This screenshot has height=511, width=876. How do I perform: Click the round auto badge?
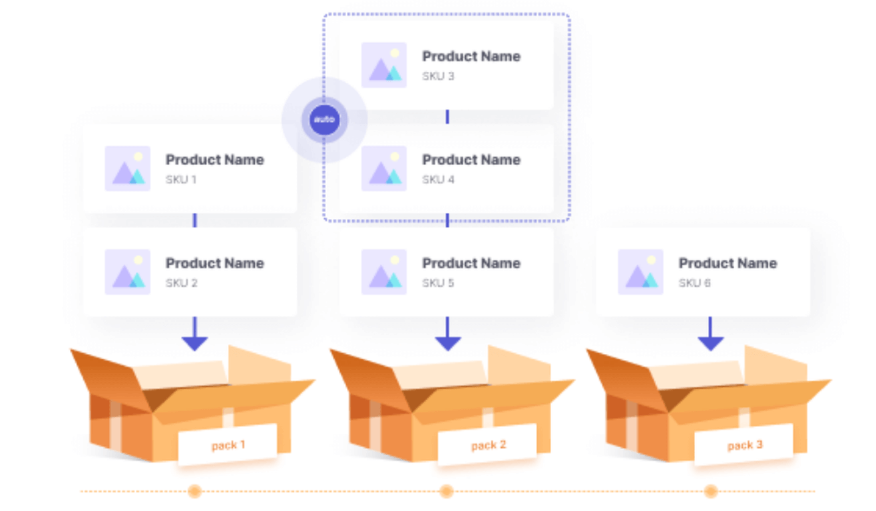pos(324,120)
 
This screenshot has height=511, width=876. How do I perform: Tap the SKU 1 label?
pos(181,180)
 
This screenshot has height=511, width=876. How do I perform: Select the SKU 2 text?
pos(181,283)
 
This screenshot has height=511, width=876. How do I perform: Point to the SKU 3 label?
pos(438,76)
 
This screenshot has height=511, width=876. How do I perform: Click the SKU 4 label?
pos(438,180)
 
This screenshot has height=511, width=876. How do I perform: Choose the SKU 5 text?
pos(438,283)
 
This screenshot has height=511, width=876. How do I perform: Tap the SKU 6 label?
pos(694,283)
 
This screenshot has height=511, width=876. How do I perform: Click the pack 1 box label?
pos(228,444)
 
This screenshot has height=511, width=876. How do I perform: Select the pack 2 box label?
pos(487,444)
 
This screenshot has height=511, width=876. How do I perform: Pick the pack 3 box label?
pos(744,444)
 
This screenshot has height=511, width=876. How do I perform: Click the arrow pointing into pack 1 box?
pos(194,335)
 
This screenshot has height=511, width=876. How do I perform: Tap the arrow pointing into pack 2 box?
pos(447,335)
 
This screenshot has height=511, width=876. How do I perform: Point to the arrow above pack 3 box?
pos(710,335)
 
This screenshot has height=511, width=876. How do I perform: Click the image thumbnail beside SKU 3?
pos(384,65)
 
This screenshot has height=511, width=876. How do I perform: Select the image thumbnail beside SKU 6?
pos(640,272)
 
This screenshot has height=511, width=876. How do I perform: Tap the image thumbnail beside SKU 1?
pos(127,168)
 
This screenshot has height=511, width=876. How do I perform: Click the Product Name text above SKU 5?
pos(471,263)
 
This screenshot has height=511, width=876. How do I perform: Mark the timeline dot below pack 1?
pos(194,491)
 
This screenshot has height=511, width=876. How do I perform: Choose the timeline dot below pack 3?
pos(710,491)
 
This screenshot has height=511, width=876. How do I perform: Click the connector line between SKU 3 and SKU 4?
pos(447,117)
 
